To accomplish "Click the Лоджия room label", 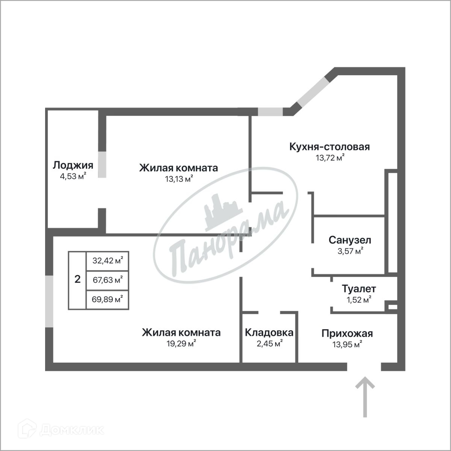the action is pyautogui.click(x=73, y=165).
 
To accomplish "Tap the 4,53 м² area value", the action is pyautogui.click(x=73, y=176).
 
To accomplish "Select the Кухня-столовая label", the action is pyautogui.click(x=330, y=147).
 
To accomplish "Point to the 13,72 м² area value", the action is pyautogui.click(x=330, y=157).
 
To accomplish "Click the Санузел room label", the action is pyautogui.click(x=350, y=240).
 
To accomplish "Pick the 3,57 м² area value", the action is pyautogui.click(x=350, y=251).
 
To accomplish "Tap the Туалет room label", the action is pyautogui.click(x=359, y=289).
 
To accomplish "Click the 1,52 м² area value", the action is pyautogui.click(x=359, y=300).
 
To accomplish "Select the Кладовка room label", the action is pyautogui.click(x=269, y=333).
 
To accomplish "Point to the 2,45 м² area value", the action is pyautogui.click(x=269, y=344).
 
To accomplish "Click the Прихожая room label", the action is pyautogui.click(x=347, y=333).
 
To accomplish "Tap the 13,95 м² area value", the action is pyautogui.click(x=347, y=344).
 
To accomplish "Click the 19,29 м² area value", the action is pyautogui.click(x=181, y=344).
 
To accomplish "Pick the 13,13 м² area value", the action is pyautogui.click(x=179, y=179).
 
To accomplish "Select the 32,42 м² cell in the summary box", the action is pyautogui.click(x=107, y=260).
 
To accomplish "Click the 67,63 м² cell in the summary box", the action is pyautogui.click(x=107, y=280).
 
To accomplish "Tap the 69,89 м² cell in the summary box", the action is pyautogui.click(x=107, y=299).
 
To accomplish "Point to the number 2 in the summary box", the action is pyautogui.click(x=77, y=279).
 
